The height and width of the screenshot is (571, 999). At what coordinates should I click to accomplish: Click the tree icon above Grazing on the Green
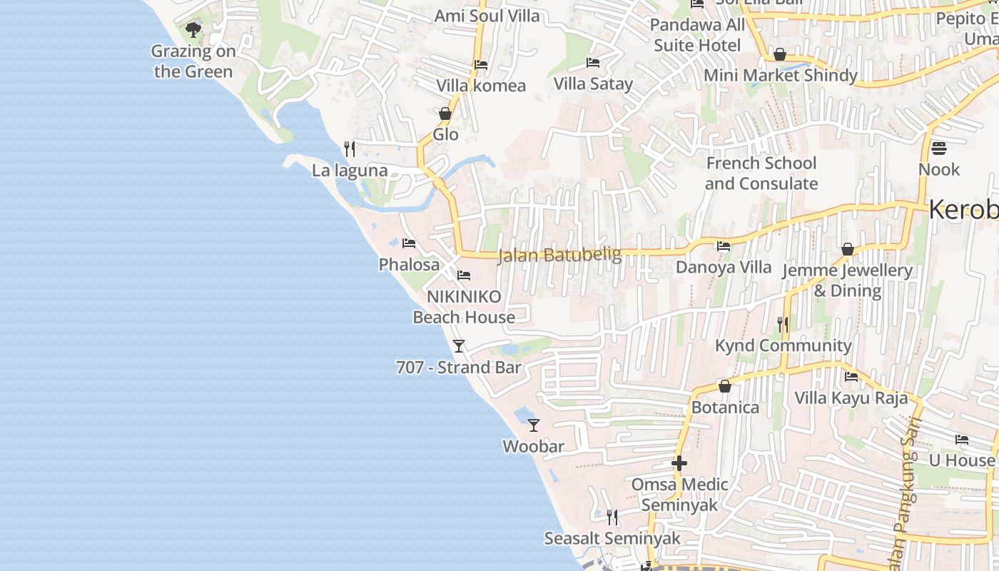click(193, 30)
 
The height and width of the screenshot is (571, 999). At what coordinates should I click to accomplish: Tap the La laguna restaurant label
click(350, 171)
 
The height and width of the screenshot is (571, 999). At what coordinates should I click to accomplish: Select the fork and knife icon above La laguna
click(350, 149)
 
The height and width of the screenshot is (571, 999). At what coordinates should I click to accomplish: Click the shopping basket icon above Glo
click(445, 113)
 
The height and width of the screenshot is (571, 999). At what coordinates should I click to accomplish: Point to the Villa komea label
click(481, 86)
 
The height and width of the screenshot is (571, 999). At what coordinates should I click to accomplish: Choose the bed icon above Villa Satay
click(593, 63)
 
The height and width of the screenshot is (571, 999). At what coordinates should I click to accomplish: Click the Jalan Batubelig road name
click(559, 255)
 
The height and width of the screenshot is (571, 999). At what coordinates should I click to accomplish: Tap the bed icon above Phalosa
click(409, 243)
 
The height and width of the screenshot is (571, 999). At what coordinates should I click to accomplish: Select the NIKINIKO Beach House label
click(464, 307)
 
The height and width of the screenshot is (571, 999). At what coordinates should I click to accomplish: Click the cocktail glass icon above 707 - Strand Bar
click(459, 346)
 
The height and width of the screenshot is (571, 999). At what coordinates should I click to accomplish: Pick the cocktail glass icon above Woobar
click(534, 425)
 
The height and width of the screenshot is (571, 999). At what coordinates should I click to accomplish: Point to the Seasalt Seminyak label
click(612, 538)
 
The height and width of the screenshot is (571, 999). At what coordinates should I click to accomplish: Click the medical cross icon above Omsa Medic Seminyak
click(679, 464)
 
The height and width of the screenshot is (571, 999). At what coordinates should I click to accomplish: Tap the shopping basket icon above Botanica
click(725, 387)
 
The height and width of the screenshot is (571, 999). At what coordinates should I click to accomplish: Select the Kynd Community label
click(784, 346)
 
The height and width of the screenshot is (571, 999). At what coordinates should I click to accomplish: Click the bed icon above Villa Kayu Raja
click(851, 377)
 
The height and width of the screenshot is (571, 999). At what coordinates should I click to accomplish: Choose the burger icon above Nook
click(939, 148)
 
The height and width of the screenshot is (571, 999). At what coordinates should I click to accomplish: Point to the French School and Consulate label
click(761, 173)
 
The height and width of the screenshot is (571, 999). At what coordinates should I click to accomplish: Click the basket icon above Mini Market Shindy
click(780, 55)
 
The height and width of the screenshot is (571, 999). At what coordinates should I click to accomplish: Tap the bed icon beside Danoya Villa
click(724, 247)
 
